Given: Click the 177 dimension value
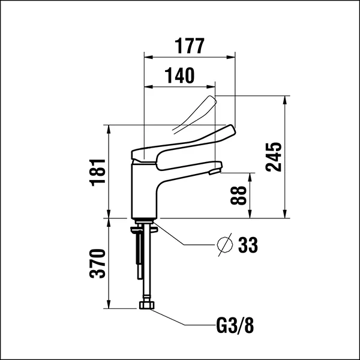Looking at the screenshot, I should point(190,46).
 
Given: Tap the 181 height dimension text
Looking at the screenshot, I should point(98,172).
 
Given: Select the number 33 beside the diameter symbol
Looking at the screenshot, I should point(248,245).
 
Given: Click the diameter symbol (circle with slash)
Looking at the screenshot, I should point(224,245).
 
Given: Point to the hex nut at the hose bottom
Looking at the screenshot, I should point(146,306).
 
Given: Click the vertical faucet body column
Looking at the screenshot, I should point(144,189).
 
